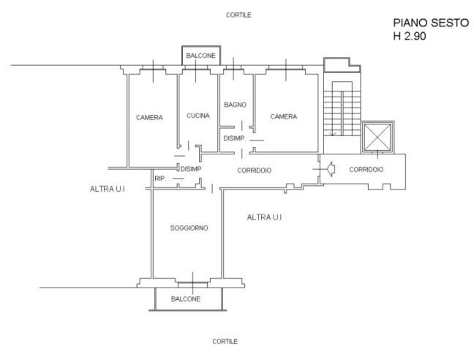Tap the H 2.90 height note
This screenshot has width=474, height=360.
pyautogui.click(x=409, y=34)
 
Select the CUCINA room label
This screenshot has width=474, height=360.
pyautogui.click(x=198, y=116)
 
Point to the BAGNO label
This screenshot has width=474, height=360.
pyautogui.click(x=235, y=105)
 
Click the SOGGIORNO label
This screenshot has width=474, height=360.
pyautogui.click(x=189, y=228)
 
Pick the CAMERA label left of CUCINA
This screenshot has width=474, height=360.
pyautogui.click(x=149, y=117)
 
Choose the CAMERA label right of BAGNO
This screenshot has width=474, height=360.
pyautogui.click(x=283, y=116)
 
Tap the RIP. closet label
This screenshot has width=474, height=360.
pyautogui.click(x=159, y=179)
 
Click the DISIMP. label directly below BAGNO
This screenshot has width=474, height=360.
pyautogui.click(x=234, y=138)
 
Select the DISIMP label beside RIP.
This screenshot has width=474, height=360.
pyautogui.click(x=190, y=169)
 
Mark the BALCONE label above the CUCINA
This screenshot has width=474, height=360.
pyautogui.click(x=200, y=56)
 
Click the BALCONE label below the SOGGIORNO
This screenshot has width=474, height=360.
pyautogui.click(x=186, y=299)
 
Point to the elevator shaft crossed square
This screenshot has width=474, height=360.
pyautogui.click(x=378, y=136)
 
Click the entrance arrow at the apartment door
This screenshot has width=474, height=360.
pyautogui.click(x=329, y=170)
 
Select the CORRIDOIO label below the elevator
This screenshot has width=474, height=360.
pyautogui.click(x=366, y=170)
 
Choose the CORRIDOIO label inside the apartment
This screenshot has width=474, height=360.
pyautogui.click(x=255, y=170)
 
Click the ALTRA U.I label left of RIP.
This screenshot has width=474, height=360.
pyautogui.click(x=108, y=190)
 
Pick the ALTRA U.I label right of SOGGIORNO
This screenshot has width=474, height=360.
pyautogui.click(x=264, y=217)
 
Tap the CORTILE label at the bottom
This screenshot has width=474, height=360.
pyautogui.click(x=225, y=342)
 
